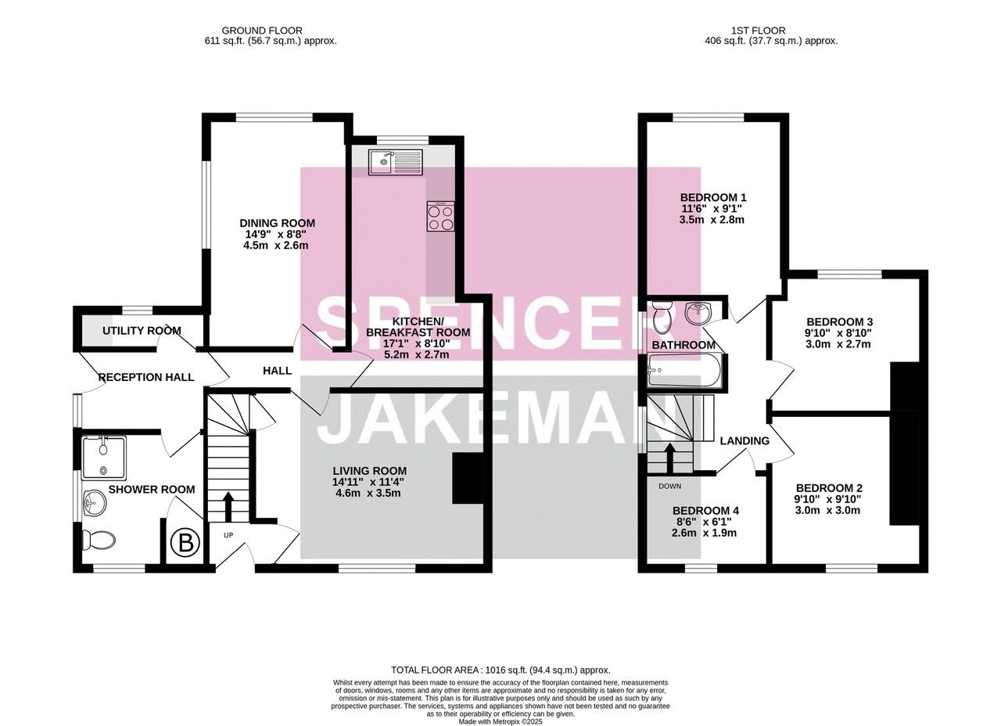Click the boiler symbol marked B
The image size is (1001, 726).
tap(186, 544)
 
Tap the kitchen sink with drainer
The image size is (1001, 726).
tap(395, 162)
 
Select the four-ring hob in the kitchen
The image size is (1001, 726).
tap(440, 217)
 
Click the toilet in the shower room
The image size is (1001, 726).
tap(99, 541)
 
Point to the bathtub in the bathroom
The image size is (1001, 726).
tap(683, 371)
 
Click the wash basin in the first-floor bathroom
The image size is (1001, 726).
tap(698, 312)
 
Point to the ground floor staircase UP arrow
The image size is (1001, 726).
tap(228, 506)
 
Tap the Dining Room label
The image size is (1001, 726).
tap(277, 223)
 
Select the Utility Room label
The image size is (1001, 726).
tap(142, 331)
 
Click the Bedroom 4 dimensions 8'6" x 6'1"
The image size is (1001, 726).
tap(705, 522)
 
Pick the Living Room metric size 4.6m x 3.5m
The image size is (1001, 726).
tap(368, 493)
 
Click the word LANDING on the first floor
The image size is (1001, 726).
tap(744, 440)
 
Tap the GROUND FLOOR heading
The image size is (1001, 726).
tap(262, 31)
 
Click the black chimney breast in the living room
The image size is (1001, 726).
tap(468, 479)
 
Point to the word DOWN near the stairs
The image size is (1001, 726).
tap(670, 486)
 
